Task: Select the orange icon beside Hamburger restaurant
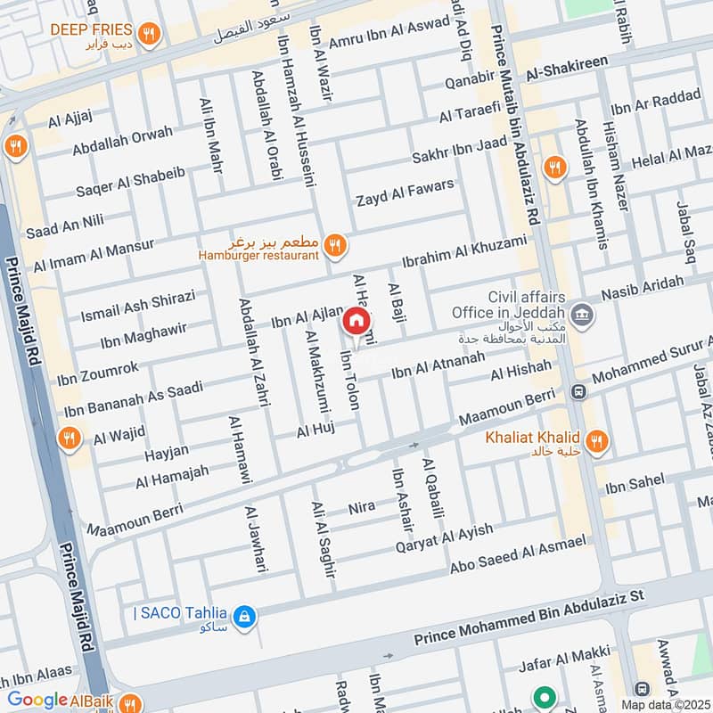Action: (x=334, y=245)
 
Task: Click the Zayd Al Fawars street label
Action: (x=405, y=193)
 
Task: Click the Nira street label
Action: (x=362, y=508)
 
